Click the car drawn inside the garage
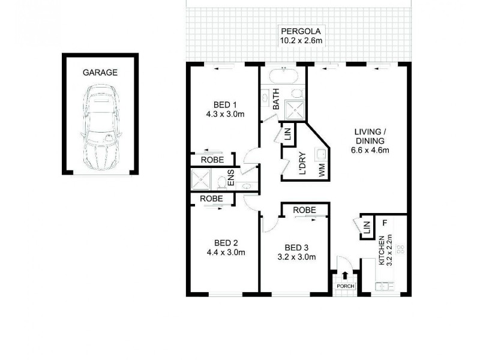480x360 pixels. click(x=100, y=128)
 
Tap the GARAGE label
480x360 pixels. click(x=100, y=73)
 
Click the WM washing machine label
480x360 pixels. click(x=322, y=169)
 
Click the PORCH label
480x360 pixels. click(x=345, y=286)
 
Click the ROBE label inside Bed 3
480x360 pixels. click(x=305, y=211)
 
